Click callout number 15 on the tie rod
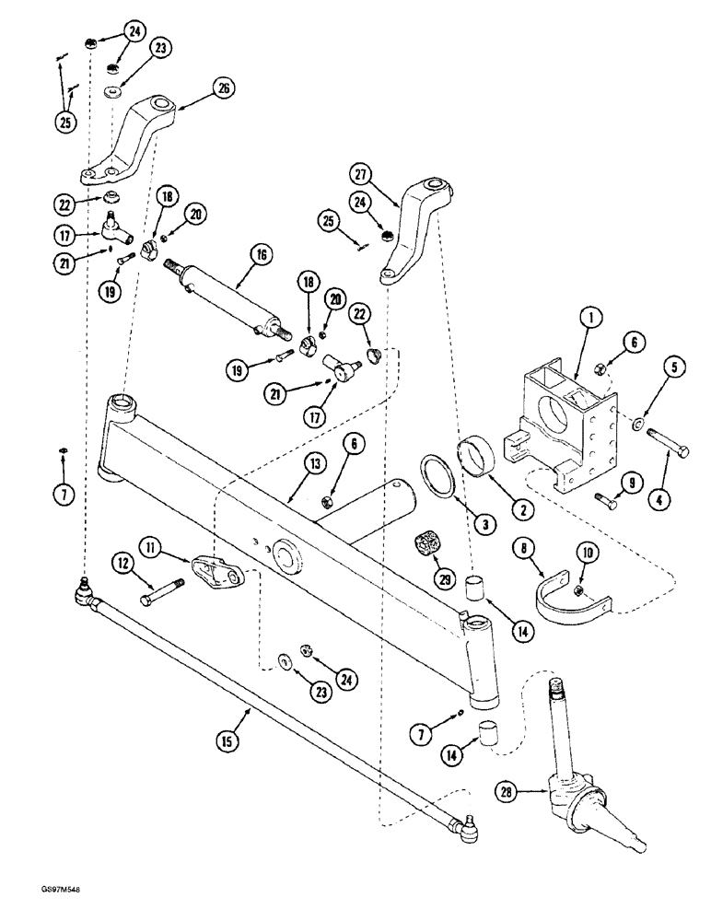(228, 740)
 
